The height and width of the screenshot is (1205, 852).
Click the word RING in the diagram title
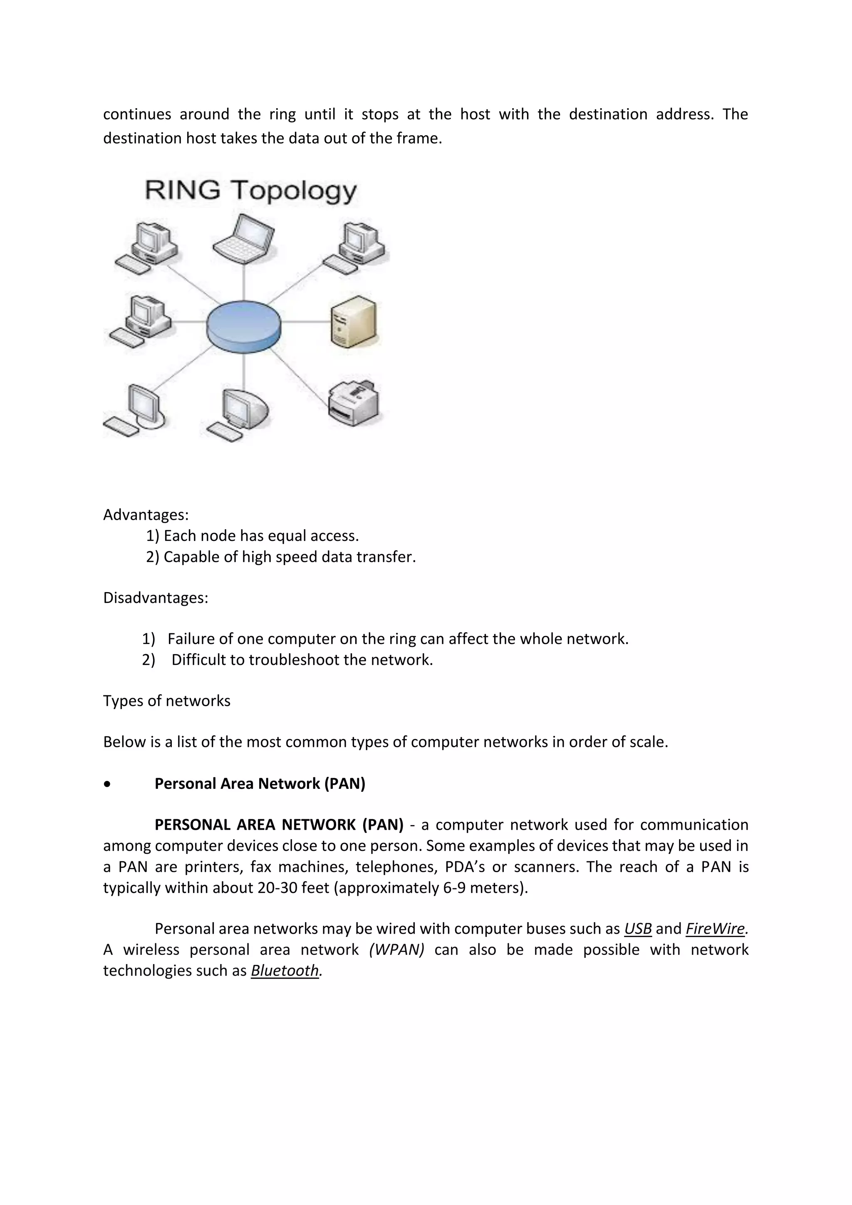click(x=182, y=190)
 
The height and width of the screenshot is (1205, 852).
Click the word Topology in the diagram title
click(x=295, y=191)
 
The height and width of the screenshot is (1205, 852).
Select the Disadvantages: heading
click(x=155, y=598)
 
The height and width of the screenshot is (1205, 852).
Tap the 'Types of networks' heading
click(x=166, y=701)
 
